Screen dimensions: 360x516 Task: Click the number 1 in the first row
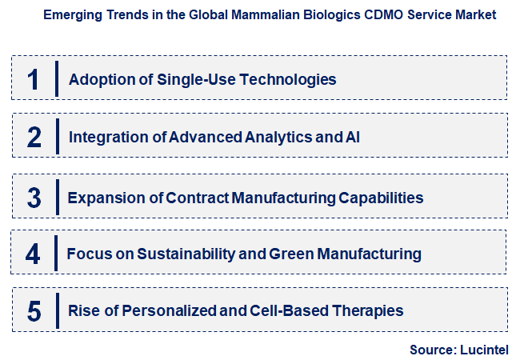click(33, 78)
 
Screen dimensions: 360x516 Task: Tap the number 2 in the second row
click(34, 137)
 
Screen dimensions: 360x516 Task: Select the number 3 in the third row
click(33, 197)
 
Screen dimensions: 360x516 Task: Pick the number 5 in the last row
click(34, 310)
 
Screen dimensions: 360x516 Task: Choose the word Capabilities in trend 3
click(380, 197)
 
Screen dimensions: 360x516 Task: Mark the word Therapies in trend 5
click(370, 310)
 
